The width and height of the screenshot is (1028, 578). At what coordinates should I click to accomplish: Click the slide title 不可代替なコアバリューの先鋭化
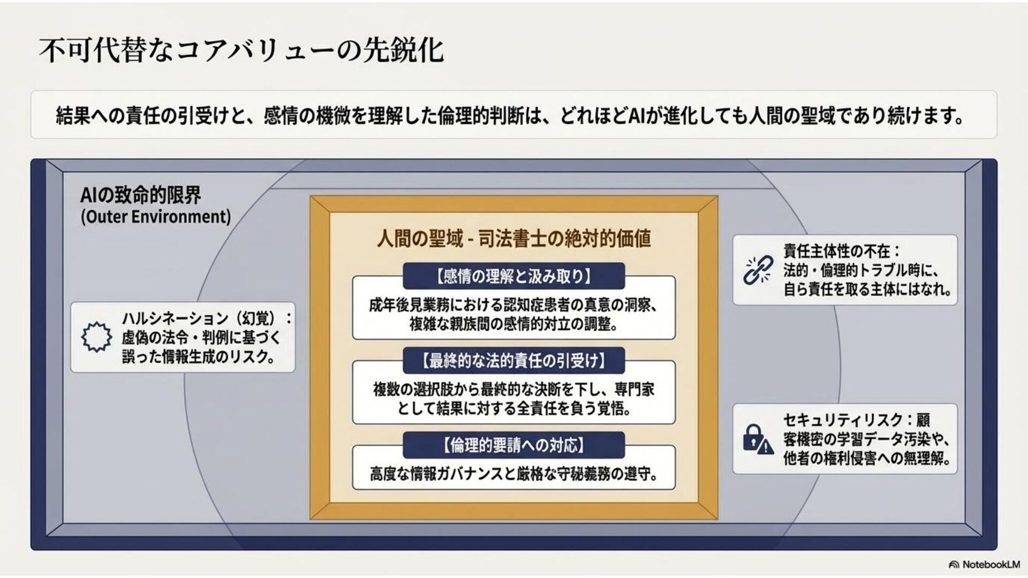(x=241, y=51)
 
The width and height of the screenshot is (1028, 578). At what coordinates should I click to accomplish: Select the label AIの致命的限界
(x=141, y=195)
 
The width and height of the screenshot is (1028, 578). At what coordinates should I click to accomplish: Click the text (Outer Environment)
(x=156, y=217)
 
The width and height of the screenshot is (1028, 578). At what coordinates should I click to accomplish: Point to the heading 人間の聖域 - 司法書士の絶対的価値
(x=513, y=239)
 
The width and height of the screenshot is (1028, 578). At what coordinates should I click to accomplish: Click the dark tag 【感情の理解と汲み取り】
(x=513, y=276)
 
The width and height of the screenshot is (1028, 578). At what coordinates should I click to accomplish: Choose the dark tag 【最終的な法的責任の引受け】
(x=513, y=361)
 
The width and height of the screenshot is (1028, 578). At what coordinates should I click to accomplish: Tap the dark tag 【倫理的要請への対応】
(x=513, y=445)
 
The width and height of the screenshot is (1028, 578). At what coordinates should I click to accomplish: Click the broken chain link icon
(x=758, y=270)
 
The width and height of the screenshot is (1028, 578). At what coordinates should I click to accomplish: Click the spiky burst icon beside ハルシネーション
(x=96, y=337)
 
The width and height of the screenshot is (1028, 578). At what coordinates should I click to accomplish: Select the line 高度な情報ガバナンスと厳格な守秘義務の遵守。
(x=513, y=474)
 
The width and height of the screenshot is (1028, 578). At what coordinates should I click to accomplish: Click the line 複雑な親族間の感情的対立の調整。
(x=513, y=324)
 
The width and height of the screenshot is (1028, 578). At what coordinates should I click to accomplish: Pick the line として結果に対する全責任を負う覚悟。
(x=513, y=409)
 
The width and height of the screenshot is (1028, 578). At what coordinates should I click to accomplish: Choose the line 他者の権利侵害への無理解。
(x=867, y=459)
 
